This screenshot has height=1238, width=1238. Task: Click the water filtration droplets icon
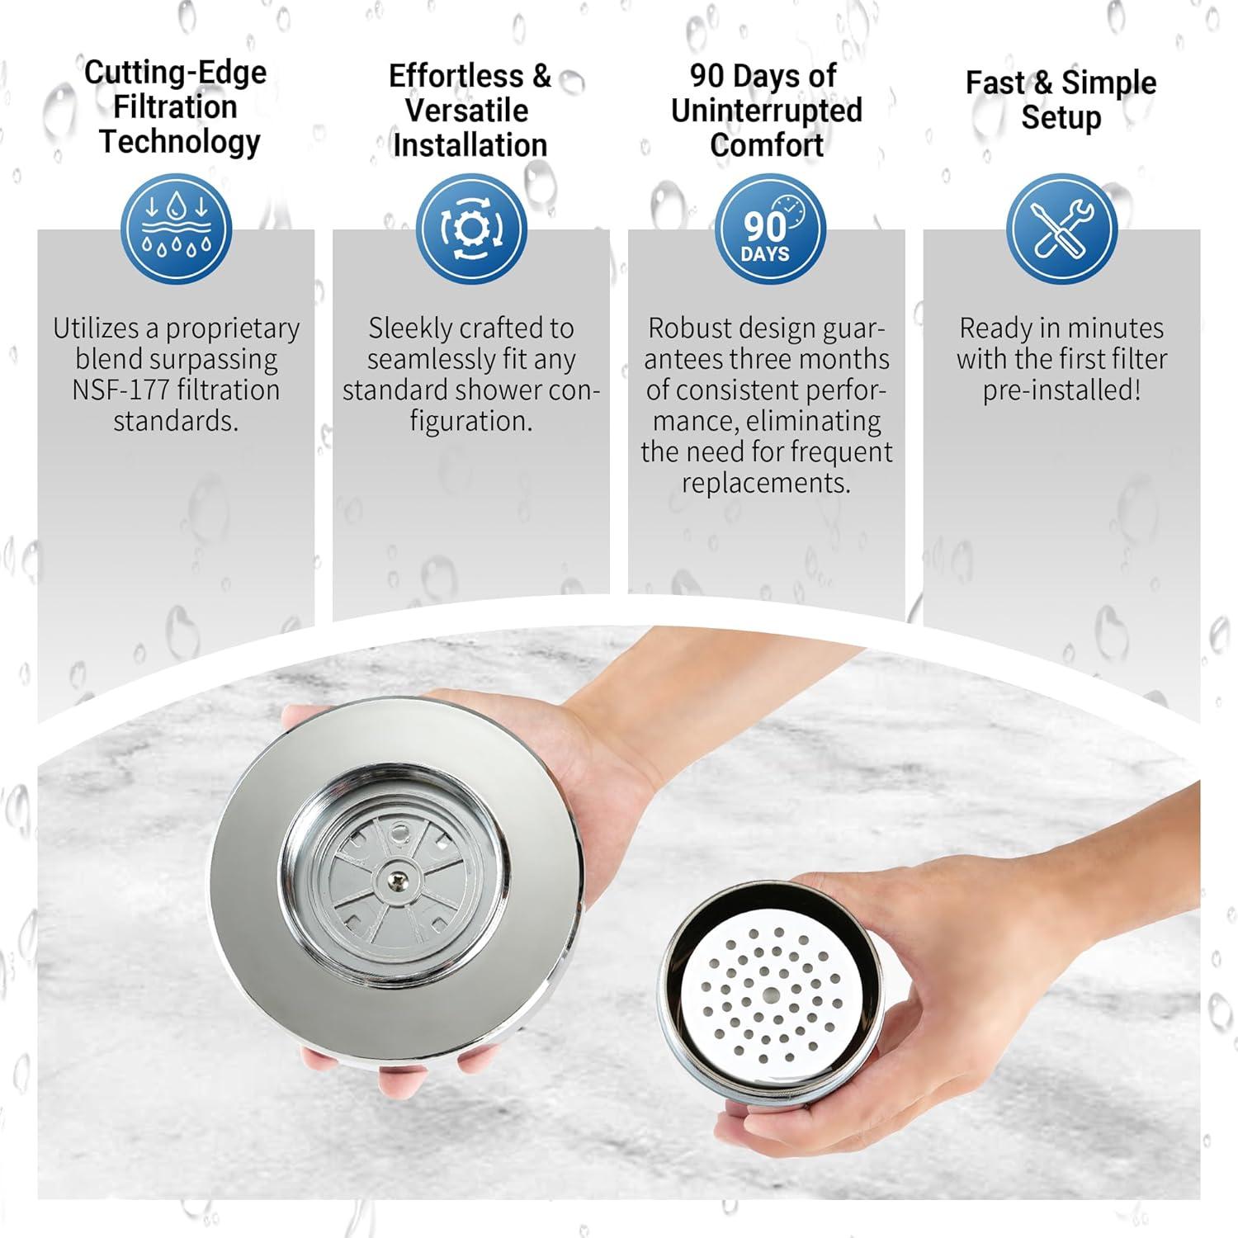tap(176, 229)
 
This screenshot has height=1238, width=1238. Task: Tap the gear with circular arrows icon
tap(470, 229)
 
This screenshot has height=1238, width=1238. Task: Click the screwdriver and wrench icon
tap(1061, 229)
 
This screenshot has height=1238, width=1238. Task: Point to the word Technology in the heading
tap(179, 142)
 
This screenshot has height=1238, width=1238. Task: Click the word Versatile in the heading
tap(466, 110)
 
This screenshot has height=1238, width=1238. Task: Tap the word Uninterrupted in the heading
tap(766, 110)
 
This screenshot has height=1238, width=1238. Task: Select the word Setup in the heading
tap(1061, 118)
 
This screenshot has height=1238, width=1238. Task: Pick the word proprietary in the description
tap(233, 328)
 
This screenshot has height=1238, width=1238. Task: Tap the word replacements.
tap(766, 483)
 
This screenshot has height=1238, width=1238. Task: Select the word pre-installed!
tap(1061, 390)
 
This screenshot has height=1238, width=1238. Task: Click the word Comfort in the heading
tap(766, 145)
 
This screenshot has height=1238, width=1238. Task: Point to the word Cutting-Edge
tap(176, 73)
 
